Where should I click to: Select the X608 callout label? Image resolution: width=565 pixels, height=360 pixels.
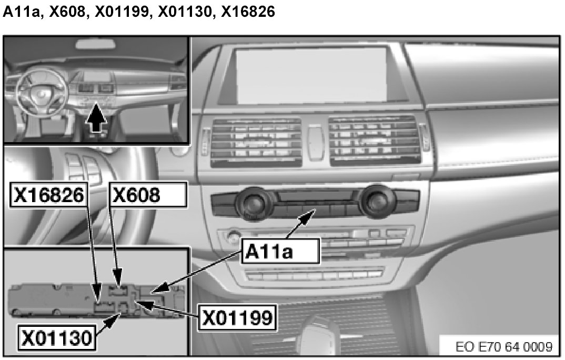coord(147,195)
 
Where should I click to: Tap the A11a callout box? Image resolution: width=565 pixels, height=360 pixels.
coord(281,251)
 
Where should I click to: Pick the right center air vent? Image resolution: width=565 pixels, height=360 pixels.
coord(374,138)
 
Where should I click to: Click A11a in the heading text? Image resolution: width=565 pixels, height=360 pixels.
coord(22,12)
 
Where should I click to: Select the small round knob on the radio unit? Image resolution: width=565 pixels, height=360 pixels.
coord(233,235)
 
